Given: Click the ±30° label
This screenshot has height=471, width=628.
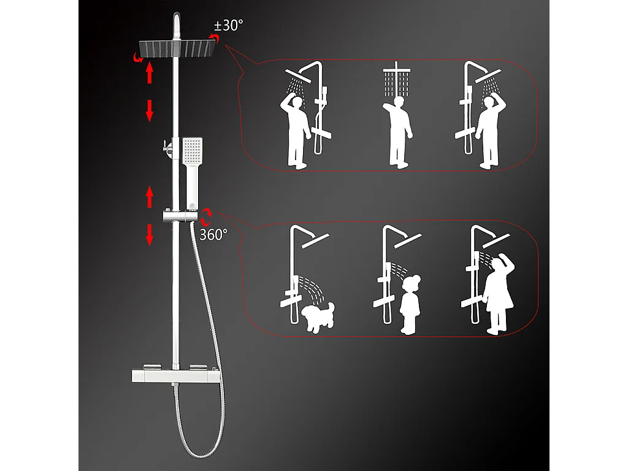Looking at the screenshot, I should pyautogui.click(x=228, y=26).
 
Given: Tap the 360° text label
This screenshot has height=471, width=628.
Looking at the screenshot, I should pyautogui.click(x=213, y=234).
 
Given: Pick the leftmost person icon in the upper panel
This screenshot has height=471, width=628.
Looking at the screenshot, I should pyautogui.click(x=298, y=130).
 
